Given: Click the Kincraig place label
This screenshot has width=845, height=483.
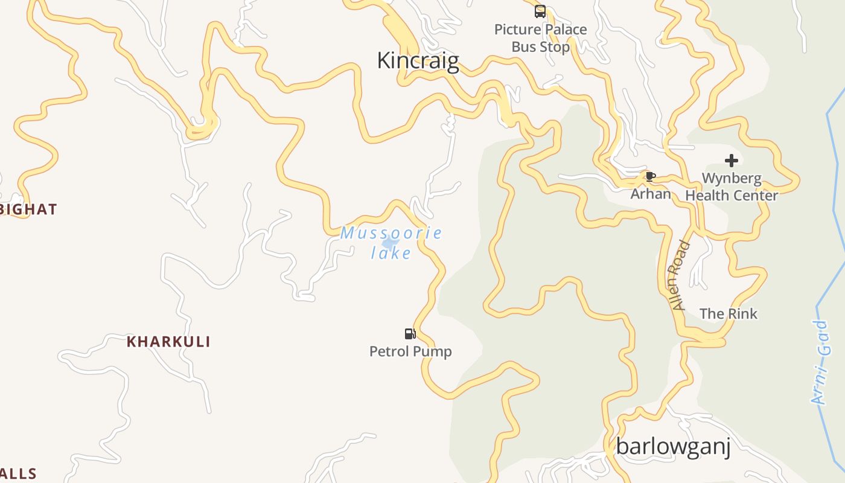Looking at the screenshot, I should point(418,61).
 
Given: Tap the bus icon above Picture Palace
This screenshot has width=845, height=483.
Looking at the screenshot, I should point(540,11).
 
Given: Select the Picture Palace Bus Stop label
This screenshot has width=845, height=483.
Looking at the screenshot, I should point(540,38).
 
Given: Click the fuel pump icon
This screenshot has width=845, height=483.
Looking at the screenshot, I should point(410,334).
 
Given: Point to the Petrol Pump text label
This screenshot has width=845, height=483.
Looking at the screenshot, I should point(410,351).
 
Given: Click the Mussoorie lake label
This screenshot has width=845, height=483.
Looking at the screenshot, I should point(391,242).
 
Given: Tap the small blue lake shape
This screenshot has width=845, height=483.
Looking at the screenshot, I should point(390,243).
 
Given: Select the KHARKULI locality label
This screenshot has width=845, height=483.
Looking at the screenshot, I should point(168,342).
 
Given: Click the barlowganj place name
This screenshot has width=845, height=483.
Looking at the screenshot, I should point(673,447).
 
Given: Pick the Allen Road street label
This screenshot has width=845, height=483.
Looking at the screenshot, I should point(680,275).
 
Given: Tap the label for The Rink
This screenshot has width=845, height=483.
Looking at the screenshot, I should point(728,314).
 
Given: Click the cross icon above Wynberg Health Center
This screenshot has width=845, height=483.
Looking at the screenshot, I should point(732,161).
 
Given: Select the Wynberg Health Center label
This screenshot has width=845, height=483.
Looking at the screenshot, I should point(732,187).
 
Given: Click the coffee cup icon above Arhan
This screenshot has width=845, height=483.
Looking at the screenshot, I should point(650,176).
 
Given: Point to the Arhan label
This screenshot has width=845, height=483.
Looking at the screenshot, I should point(651,194).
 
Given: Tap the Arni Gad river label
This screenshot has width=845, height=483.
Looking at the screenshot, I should point(820,362).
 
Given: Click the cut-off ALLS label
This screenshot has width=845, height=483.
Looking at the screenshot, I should point(18,474).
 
